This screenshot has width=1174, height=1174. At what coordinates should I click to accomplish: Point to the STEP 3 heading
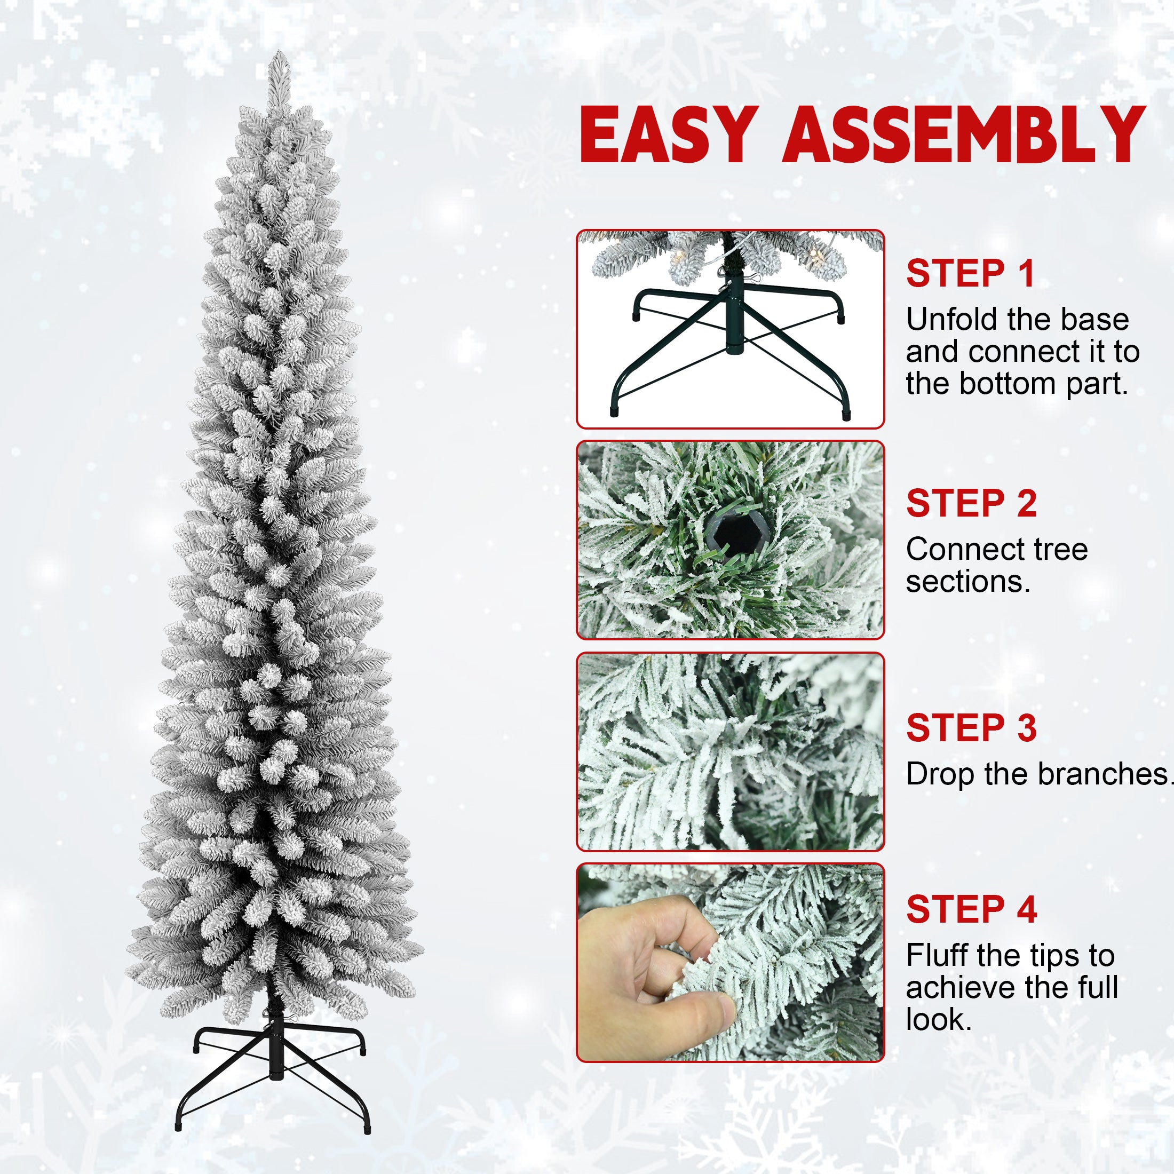[971, 727]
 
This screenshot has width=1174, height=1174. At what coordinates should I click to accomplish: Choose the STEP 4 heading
[971, 909]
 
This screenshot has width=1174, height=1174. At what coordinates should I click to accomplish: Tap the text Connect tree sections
[996, 565]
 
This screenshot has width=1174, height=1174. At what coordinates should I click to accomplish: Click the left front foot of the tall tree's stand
[179, 1126]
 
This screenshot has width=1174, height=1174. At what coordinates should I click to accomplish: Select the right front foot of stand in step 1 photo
[846, 416]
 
